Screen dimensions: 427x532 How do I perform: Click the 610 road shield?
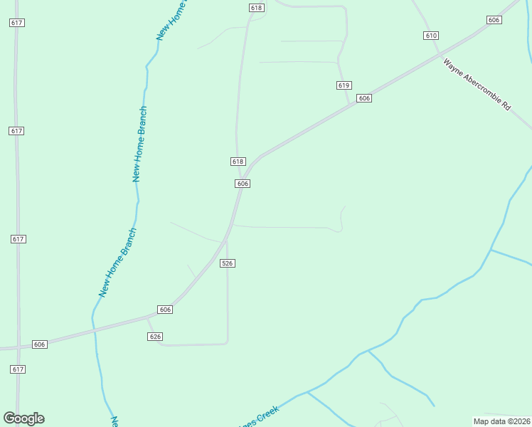[x=430, y=35]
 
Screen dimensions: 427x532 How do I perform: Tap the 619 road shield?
[x=344, y=85]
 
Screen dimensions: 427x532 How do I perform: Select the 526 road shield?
[x=227, y=263]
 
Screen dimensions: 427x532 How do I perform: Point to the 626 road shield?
[x=156, y=336]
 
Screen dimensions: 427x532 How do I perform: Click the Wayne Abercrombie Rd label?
[x=477, y=85]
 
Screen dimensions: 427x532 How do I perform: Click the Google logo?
[x=23, y=418]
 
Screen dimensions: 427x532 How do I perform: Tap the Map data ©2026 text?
[x=502, y=421]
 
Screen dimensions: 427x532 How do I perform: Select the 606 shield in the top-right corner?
[x=494, y=20]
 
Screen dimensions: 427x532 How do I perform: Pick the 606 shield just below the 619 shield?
[x=364, y=98]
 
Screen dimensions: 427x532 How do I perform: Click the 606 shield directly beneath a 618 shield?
[x=243, y=184]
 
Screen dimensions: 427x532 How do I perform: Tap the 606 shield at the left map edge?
[x=39, y=344]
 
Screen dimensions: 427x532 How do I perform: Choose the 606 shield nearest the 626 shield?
[x=165, y=310]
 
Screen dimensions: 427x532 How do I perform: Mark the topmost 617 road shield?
[x=18, y=23]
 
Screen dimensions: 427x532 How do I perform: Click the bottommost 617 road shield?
[x=18, y=369]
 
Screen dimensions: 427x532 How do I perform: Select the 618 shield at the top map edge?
[x=257, y=8]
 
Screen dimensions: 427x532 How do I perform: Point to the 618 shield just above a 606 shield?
[x=238, y=162]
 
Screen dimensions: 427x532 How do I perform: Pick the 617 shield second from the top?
[x=18, y=131]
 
